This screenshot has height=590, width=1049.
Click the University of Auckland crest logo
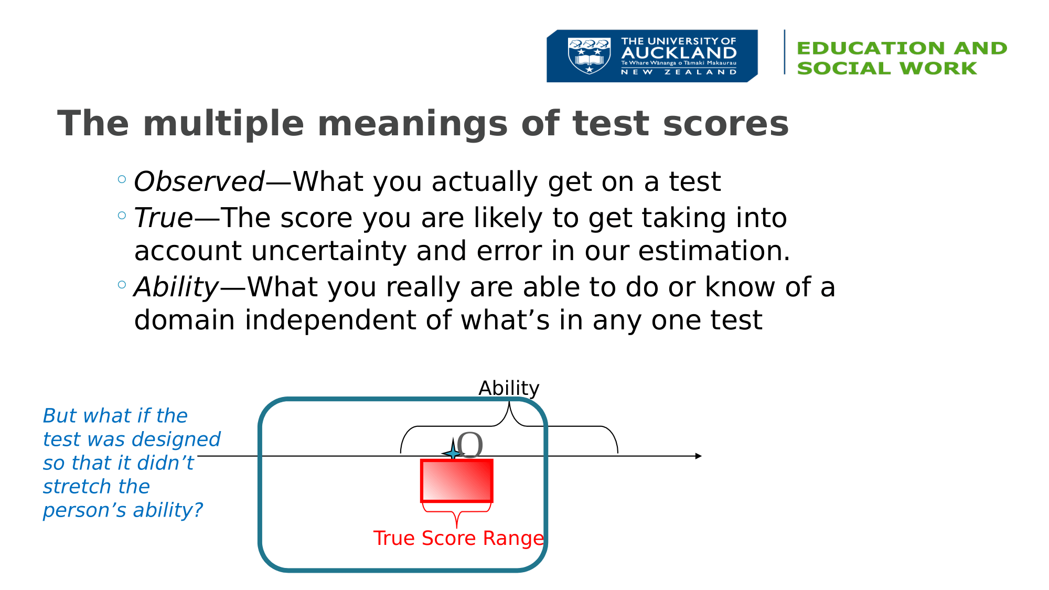click(x=589, y=56)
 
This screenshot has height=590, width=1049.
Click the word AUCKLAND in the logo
click(x=679, y=53)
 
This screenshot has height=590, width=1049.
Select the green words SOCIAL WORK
click(x=887, y=68)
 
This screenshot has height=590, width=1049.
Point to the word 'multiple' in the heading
click(x=223, y=124)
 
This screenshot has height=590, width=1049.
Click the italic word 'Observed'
click(x=199, y=181)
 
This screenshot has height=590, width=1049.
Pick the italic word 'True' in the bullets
click(x=164, y=218)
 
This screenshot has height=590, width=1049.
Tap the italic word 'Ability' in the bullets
click(x=176, y=287)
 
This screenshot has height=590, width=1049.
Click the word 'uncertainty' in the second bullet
click(x=329, y=251)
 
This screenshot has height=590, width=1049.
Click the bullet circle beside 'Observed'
click(x=122, y=179)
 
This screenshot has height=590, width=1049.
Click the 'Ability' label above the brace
click(x=509, y=389)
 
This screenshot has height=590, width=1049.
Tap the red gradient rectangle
click(x=457, y=481)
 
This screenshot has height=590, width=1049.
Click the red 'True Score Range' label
click(x=458, y=539)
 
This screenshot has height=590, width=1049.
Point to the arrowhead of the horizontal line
click(x=699, y=456)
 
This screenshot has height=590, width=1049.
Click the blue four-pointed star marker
click(x=453, y=452)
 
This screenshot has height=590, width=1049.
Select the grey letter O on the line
click(x=469, y=446)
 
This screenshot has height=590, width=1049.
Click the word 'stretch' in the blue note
click(x=97, y=487)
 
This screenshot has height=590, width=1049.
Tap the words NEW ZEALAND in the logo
click(x=679, y=72)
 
